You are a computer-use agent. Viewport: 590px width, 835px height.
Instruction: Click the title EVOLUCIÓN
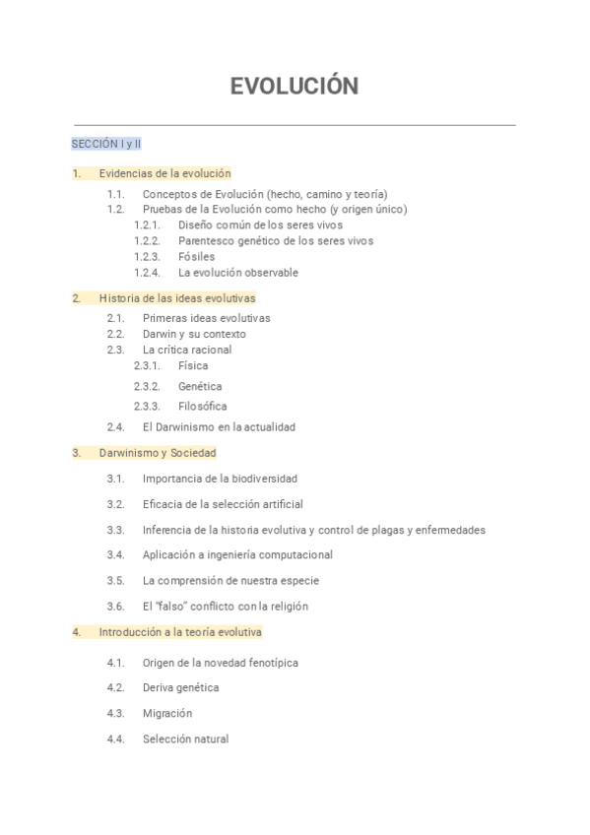click(294, 87)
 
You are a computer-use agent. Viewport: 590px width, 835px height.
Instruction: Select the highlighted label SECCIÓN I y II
click(106, 144)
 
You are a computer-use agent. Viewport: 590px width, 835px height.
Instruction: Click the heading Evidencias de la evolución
click(164, 173)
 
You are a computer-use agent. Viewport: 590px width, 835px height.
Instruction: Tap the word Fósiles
click(196, 257)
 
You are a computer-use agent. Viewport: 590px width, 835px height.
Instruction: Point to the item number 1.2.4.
click(147, 273)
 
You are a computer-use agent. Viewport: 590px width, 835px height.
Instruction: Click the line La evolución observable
click(237, 273)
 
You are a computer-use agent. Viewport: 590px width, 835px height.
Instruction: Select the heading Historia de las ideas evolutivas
click(176, 298)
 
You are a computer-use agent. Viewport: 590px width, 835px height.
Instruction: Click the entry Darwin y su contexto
click(194, 334)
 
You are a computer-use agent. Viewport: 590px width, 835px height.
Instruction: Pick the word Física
click(193, 366)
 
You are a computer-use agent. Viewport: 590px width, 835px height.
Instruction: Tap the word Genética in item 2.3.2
click(200, 387)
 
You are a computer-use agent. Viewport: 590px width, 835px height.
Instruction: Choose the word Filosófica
click(202, 407)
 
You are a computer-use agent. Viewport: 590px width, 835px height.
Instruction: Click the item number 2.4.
click(115, 427)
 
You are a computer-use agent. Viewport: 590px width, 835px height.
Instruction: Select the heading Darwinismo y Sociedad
click(158, 453)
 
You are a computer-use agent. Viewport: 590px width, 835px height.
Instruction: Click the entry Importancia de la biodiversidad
click(220, 479)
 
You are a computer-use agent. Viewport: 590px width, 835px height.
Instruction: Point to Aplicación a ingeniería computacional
click(237, 555)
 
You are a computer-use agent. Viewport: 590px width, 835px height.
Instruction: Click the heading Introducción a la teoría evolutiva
click(180, 632)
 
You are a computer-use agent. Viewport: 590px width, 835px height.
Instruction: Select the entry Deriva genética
click(180, 687)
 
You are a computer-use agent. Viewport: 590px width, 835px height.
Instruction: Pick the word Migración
click(166, 713)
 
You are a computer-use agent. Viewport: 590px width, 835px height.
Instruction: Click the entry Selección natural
click(185, 739)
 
